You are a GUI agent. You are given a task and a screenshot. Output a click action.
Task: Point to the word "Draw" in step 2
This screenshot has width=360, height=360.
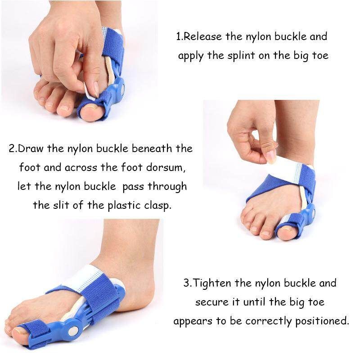(31, 148)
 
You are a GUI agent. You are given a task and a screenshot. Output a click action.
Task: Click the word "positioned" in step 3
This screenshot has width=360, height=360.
(322, 321)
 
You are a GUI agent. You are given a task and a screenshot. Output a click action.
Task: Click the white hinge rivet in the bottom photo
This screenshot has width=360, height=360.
(73, 331)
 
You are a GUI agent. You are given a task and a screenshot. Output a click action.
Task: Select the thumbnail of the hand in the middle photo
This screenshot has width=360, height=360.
(271, 156)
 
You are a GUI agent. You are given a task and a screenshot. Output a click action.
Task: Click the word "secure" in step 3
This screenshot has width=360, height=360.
(211, 302)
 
